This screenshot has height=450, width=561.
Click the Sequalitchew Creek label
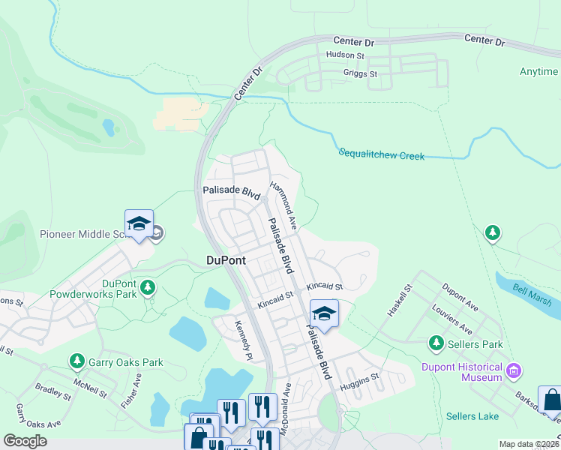[x=381, y=154]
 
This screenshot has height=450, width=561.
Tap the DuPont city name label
[x=226, y=261]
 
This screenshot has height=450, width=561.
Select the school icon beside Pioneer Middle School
[x=139, y=224]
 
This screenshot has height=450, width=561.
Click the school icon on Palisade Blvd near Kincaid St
[x=324, y=313]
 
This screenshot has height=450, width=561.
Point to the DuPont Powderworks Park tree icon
[x=148, y=286]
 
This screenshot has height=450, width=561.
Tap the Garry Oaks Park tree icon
[x=76, y=362]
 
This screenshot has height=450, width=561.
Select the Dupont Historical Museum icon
[x=514, y=370]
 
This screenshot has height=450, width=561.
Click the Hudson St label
[x=344, y=55]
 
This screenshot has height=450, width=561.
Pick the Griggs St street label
[x=360, y=74]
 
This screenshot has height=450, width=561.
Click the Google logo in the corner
[x=25, y=441]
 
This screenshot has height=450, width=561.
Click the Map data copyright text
[x=529, y=444]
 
